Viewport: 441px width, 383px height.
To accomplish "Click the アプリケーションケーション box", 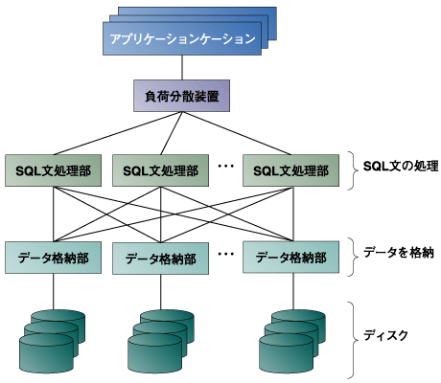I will pyautogui.click(x=181, y=39).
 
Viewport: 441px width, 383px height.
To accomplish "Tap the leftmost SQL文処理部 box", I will pyautogui.click(x=53, y=169).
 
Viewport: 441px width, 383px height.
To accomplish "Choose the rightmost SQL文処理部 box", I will pyautogui.click(x=290, y=169).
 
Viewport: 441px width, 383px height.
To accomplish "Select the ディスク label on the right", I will pyautogui.click(x=386, y=336).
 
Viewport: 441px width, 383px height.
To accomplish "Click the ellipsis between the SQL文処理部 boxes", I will pyautogui.click(x=226, y=167).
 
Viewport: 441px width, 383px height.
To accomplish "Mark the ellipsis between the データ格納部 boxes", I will pyautogui.click(x=226, y=254).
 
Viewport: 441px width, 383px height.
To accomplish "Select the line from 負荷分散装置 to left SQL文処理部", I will pyautogui.click(x=115, y=132).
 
